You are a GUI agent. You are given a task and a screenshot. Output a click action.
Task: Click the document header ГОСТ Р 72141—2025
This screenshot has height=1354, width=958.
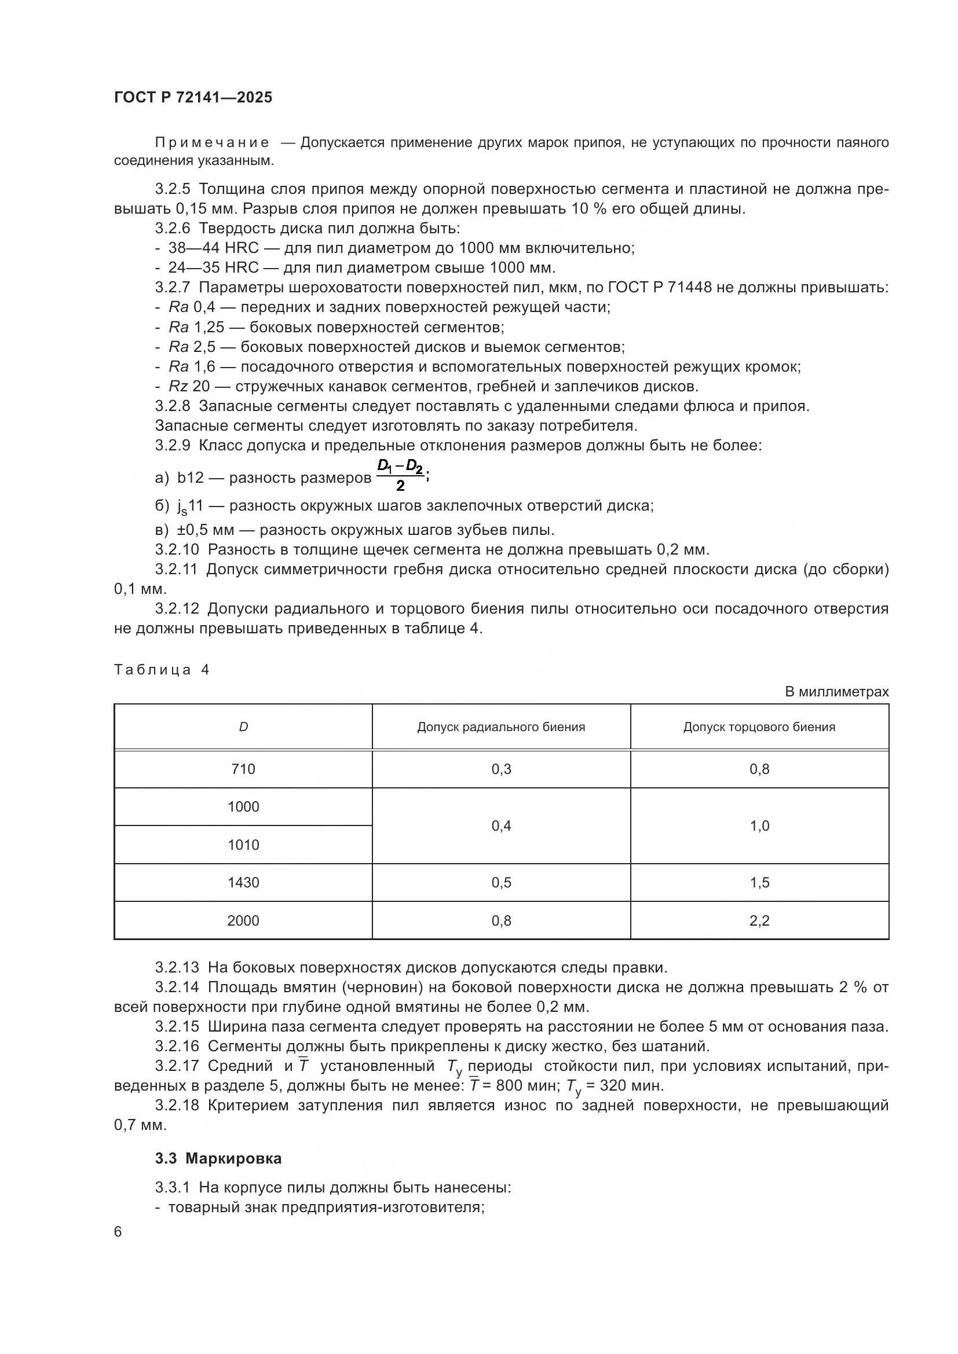coord(193,98)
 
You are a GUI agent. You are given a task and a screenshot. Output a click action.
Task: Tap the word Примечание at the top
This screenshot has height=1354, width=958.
coord(212,143)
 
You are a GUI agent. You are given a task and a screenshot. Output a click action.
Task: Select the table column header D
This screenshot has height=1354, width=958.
coord(243,727)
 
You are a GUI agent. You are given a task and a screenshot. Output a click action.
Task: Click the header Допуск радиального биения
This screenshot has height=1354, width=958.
coord(501,727)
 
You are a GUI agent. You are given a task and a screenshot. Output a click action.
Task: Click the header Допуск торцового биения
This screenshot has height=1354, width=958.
coord(759,727)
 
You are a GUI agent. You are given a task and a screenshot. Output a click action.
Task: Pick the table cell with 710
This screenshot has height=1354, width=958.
coord(243,769)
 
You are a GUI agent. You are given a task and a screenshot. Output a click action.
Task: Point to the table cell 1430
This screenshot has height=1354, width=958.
coord(243,883)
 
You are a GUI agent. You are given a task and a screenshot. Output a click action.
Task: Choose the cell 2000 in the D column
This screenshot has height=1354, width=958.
coord(243,920)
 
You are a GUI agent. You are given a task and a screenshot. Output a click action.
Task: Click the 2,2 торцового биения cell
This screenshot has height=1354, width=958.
coord(759,920)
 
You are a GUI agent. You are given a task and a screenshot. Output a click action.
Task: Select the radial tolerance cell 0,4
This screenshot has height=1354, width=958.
coord(501,826)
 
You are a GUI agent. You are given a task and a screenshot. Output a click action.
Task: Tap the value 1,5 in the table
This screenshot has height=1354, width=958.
coord(759,883)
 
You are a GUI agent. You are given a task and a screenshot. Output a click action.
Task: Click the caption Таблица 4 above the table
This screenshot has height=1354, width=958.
coord(162,670)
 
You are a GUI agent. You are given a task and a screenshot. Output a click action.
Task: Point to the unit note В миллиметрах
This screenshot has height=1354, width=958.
coord(836,692)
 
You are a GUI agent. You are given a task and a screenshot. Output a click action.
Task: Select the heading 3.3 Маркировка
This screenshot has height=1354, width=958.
coord(218,1159)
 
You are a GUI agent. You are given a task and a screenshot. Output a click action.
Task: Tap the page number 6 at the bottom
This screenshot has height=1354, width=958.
coord(118,1232)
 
